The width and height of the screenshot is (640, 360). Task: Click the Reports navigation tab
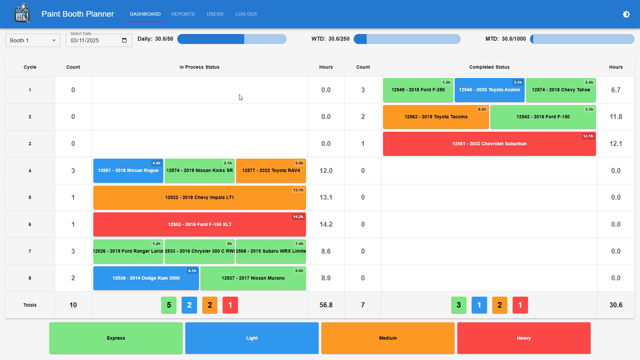point(183,14)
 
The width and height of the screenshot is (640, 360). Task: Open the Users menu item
point(215,14)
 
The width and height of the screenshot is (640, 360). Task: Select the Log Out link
point(246,14)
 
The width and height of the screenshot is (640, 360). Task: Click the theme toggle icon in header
point(626,14)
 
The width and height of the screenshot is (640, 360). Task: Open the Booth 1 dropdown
point(33,40)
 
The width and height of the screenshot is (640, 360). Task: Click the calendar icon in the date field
point(124,40)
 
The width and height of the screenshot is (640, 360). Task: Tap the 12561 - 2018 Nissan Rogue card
point(128,171)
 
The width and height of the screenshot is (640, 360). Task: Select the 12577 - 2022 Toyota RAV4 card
point(271,171)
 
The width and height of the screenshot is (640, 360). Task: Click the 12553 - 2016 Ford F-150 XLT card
point(199,224)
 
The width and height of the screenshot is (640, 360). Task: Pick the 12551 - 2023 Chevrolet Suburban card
point(489,144)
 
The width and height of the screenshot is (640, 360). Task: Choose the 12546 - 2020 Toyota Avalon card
point(489,90)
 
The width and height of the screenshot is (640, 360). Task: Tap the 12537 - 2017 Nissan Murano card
point(253,278)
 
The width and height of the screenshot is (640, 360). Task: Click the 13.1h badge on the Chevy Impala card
point(298,190)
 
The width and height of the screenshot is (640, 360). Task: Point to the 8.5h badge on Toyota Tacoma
point(482,109)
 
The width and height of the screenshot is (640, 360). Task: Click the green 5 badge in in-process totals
point(169,305)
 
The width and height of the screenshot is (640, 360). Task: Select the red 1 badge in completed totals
point(520,305)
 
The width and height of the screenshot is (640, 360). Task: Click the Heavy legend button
point(523,338)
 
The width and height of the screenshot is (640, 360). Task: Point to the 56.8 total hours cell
point(326,305)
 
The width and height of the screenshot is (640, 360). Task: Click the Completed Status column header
point(489,67)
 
